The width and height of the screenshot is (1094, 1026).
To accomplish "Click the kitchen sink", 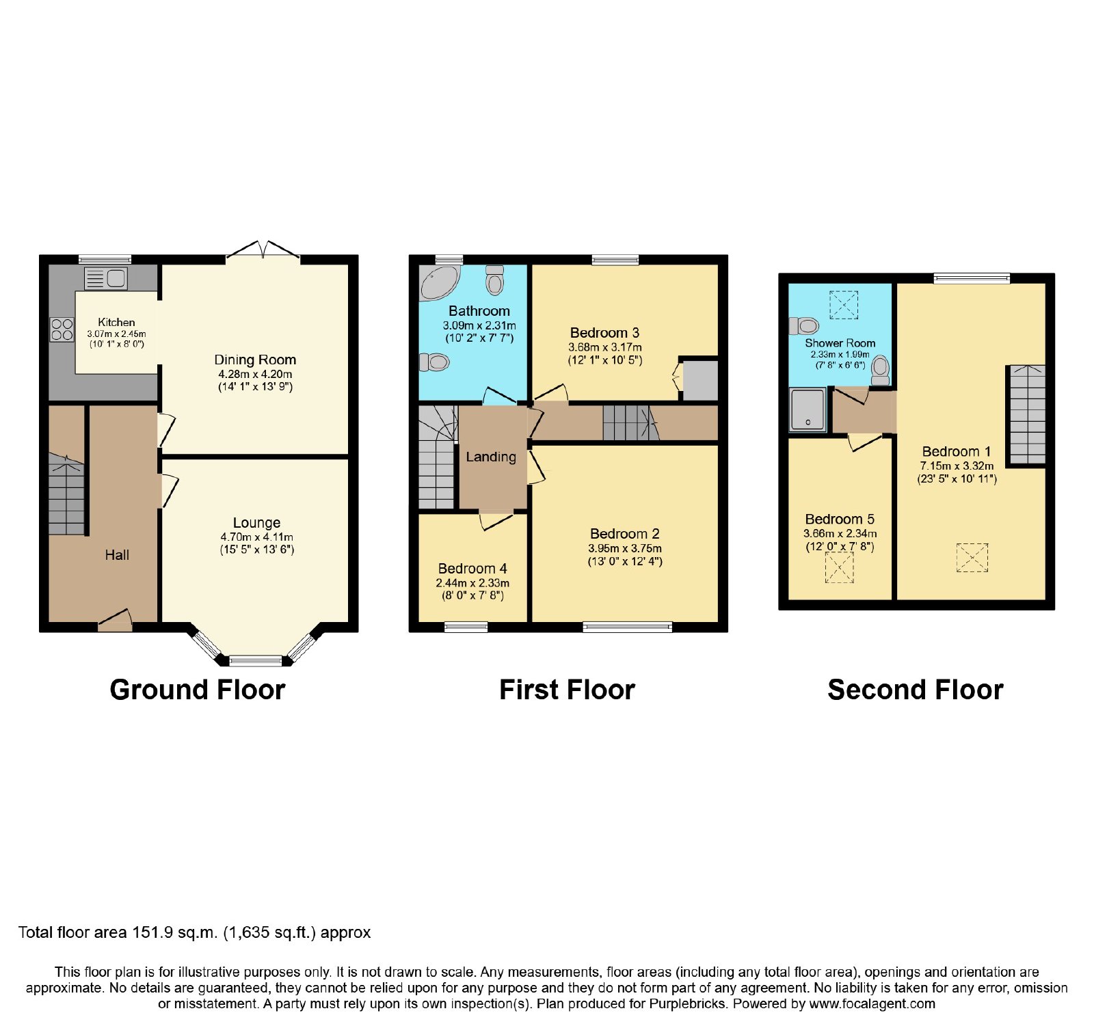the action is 106,279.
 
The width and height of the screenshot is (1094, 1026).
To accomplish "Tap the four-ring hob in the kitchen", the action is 62,330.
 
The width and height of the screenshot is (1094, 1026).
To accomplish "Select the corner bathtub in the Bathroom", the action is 440,283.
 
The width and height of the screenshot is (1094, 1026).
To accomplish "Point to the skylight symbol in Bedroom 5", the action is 839,567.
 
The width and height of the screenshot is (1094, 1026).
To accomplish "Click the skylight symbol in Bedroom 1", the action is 972,557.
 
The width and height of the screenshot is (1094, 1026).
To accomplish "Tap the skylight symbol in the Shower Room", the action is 843,305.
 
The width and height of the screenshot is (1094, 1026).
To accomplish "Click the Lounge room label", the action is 256,523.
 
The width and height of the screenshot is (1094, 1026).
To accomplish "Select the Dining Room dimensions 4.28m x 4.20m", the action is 255,375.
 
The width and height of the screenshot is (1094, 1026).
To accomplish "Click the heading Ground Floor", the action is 198,690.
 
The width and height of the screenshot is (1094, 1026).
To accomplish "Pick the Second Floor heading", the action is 916,690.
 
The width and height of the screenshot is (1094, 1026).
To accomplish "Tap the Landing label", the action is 491,457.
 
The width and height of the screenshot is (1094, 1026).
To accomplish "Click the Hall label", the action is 117,555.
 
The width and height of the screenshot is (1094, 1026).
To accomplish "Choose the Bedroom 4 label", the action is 472,569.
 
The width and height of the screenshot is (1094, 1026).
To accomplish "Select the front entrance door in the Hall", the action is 115,618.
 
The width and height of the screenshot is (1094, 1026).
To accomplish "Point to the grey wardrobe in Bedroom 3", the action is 700,381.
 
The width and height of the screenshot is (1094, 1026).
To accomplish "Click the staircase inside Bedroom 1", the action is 1028,415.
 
